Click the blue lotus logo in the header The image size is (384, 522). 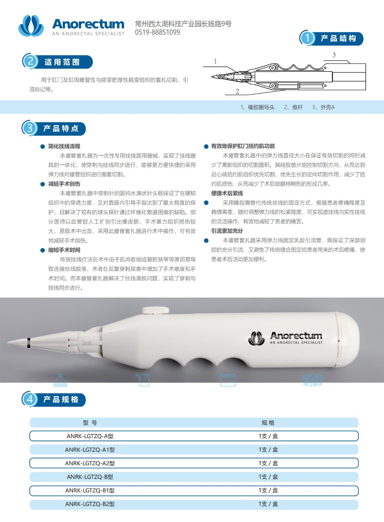31,26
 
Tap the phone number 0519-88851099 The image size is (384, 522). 157,32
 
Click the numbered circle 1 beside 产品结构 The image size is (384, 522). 307,38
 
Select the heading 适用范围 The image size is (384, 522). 62,62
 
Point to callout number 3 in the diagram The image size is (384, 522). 334,55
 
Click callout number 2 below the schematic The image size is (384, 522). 237,91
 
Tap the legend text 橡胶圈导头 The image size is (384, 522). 261,107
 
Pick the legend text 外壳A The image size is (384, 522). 327,107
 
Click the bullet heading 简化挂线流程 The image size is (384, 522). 64,146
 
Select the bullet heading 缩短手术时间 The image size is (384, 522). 64,250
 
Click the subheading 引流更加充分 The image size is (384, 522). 227,231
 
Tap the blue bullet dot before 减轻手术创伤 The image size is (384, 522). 43,184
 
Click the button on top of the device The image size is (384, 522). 155,310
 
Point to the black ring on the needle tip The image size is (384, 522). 28,343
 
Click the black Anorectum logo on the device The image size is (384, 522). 285,338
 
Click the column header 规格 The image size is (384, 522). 268,423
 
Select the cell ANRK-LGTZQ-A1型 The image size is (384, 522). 90,450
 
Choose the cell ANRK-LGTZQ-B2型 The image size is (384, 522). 90,504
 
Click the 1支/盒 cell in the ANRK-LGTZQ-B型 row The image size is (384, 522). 268,477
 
